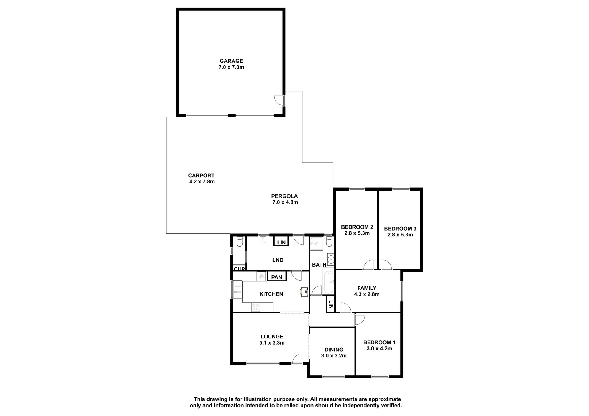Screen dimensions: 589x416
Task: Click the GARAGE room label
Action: pyautogui.click(x=231, y=61)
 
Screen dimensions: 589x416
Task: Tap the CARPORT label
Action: pyautogui.click(x=201, y=176)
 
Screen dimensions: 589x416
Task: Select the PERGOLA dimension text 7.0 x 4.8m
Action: pyautogui.click(x=285, y=202)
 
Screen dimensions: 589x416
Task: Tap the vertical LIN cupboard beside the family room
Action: pyautogui.click(x=330, y=304)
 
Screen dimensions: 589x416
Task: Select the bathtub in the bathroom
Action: pyautogui.click(x=329, y=282)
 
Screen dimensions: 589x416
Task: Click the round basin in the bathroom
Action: pyautogui.click(x=331, y=260)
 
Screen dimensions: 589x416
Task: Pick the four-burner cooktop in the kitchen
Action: pyautogui.click(x=256, y=307)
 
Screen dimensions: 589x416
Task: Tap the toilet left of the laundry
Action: pyautogui.click(x=240, y=241)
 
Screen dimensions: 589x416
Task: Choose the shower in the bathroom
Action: pyautogui.click(x=316, y=244)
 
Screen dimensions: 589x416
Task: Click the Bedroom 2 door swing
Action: pyautogui.click(x=368, y=265)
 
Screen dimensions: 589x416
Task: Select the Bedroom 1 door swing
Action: pyautogui.click(x=360, y=320)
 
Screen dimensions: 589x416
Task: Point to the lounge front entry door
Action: pyautogui.click(x=298, y=359)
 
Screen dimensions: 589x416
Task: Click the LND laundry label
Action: pyautogui.click(x=278, y=260)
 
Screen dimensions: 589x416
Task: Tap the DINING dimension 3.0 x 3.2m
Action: pyautogui.click(x=334, y=356)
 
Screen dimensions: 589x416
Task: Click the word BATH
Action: pyautogui.click(x=319, y=265)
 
